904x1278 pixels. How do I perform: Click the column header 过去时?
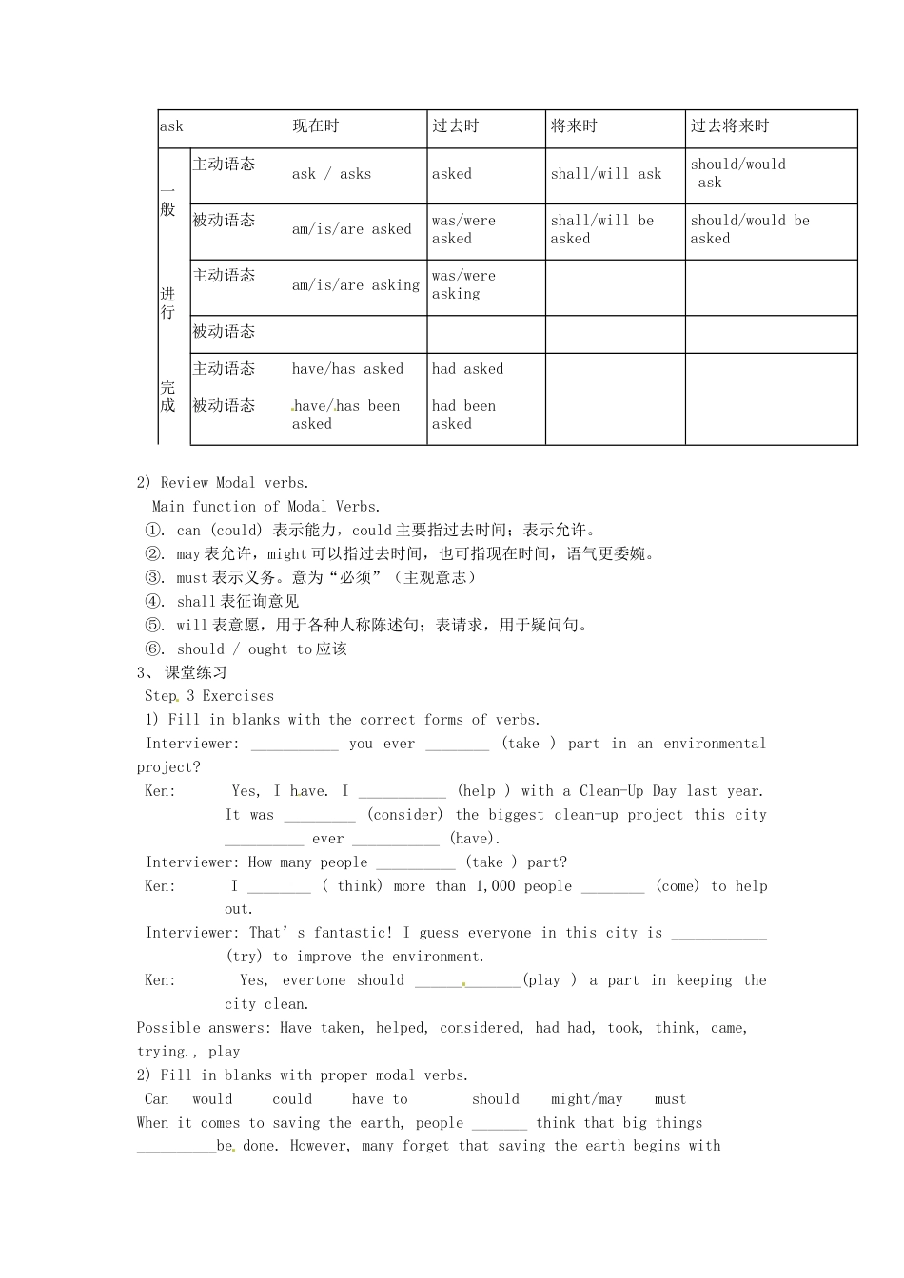click(456, 126)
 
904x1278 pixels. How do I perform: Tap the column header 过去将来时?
click(730, 126)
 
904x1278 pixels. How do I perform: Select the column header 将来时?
click(574, 126)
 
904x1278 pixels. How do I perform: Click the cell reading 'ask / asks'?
click(331, 174)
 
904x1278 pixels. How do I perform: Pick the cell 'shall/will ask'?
click(606, 174)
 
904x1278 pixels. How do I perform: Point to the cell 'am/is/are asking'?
click(355, 285)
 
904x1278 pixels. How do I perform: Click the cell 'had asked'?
click(467, 369)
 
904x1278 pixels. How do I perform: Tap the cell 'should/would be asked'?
click(750, 229)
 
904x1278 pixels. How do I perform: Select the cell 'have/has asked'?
click(347, 369)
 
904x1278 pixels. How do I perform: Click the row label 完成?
click(168, 397)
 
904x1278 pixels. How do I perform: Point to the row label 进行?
click(168, 303)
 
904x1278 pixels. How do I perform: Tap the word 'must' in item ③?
click(192, 578)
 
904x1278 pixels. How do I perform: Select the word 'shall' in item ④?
click(197, 602)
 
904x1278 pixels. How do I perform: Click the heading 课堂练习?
click(196, 673)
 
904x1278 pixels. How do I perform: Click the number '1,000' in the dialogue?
click(495, 886)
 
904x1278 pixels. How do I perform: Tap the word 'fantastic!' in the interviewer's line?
click(353, 934)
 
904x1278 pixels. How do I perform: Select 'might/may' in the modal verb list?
click(586, 1099)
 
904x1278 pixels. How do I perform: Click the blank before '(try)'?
click(718, 934)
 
